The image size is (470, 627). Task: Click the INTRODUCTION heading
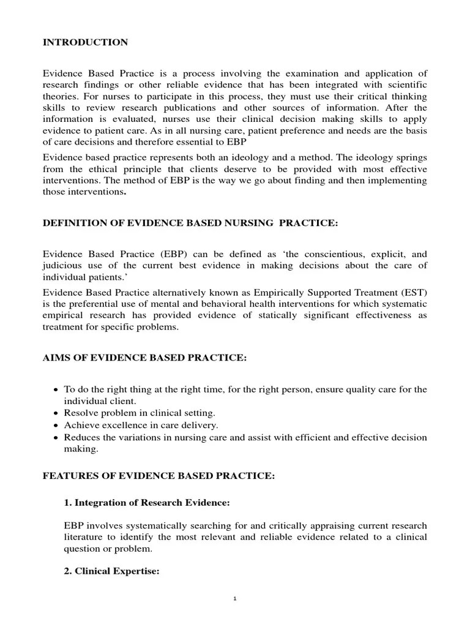(85, 42)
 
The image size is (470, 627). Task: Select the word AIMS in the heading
(56, 358)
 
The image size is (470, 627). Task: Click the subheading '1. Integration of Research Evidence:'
(147, 503)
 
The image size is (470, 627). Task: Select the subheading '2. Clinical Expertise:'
(112, 571)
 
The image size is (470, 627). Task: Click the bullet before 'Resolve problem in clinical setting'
(56, 413)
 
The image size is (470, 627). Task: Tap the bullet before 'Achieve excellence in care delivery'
(56, 425)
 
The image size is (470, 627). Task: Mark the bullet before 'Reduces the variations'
(56, 437)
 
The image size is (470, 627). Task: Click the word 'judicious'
(63, 265)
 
